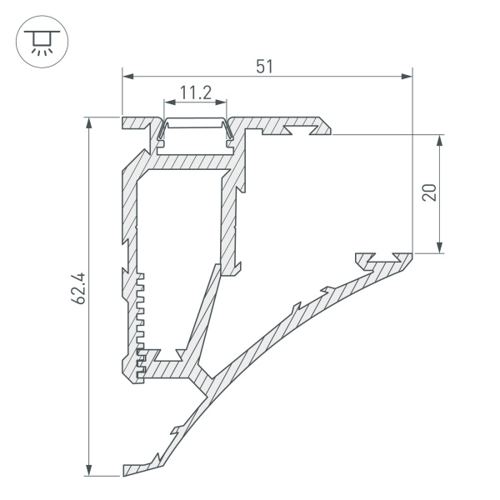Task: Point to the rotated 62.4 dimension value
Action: coord(79,297)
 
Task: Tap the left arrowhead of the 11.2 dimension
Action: coord(168,104)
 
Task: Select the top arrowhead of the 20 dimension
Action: coord(439,139)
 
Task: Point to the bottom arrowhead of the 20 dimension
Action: coord(439,247)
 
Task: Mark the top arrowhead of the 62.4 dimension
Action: coord(89,122)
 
